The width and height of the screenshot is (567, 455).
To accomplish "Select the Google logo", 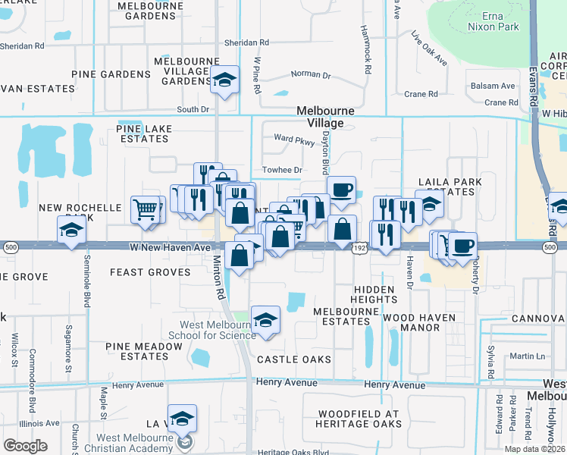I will (x=25, y=446).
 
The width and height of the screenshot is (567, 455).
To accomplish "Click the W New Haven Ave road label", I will (x=170, y=247).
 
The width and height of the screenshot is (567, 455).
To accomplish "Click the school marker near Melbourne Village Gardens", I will (x=224, y=80).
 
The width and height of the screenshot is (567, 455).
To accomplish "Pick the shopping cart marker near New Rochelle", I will (x=146, y=209).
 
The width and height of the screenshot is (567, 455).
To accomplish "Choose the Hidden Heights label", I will (x=374, y=295).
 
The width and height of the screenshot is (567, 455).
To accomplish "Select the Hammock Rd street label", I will (x=367, y=58).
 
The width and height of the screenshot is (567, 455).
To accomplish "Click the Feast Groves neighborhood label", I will (x=150, y=271).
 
